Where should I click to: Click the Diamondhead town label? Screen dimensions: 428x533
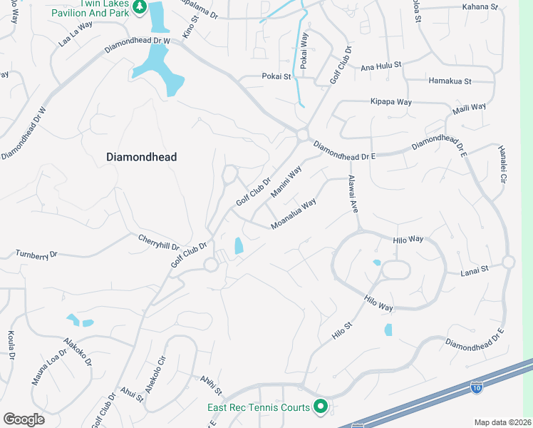click(x=141, y=157)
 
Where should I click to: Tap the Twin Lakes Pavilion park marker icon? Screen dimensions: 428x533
click(x=140, y=7)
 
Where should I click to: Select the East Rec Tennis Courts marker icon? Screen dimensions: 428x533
click(x=321, y=407)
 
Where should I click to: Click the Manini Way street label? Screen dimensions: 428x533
click(x=286, y=182)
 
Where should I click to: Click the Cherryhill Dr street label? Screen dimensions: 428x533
click(x=159, y=244)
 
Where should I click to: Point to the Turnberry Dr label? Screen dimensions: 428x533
click(x=36, y=254)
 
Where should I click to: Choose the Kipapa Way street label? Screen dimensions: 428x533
click(x=390, y=102)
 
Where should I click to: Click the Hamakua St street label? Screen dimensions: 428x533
click(x=450, y=81)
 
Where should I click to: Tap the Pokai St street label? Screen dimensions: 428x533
click(x=277, y=76)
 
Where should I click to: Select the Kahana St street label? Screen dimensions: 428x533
click(x=480, y=6)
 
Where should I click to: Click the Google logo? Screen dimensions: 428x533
click(x=24, y=419)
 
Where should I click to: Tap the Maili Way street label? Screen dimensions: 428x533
click(x=469, y=111)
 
